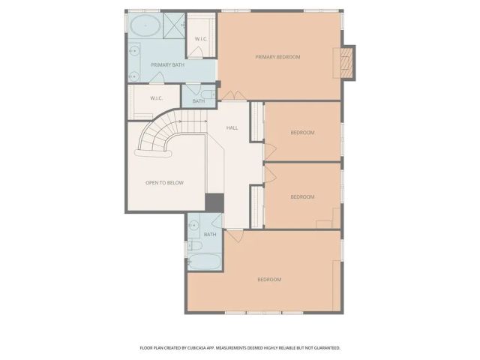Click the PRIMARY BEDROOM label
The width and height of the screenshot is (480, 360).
click(277, 57)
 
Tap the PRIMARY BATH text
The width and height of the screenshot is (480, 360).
click(167, 65)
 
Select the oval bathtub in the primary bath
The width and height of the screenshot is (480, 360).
click(145, 26)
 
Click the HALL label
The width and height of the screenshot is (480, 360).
click(232, 127)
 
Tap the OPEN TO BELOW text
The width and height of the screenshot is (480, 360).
click(164, 183)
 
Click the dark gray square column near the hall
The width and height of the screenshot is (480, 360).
click(214, 202)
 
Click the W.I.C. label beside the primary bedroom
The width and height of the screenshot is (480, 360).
click(201, 39)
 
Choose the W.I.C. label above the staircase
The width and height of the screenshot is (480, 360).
click(156, 98)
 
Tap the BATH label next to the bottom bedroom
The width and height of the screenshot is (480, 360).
click(209, 235)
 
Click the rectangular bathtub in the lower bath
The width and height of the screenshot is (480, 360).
click(205, 262)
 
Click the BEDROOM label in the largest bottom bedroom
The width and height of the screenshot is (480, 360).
click(268, 280)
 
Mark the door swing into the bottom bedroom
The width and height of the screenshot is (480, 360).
click(235, 235)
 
